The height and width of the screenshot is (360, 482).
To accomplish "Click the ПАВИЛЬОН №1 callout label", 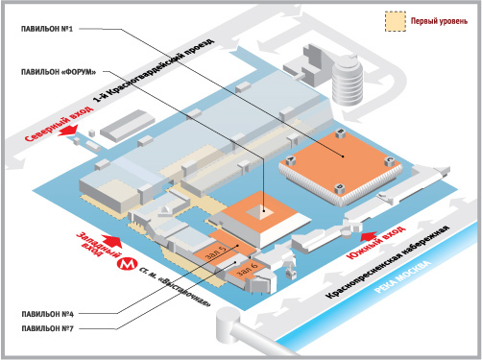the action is coord(47,29).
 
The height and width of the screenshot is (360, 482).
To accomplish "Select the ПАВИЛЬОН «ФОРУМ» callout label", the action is coord(59,72).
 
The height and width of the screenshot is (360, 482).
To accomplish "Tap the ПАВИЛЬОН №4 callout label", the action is coord(47,314).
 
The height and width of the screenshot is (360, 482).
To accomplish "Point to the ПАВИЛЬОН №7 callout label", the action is coord(47,328).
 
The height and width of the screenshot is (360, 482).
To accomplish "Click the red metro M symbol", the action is coord(127,264).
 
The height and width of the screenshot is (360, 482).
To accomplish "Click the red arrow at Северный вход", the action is coord(68,131).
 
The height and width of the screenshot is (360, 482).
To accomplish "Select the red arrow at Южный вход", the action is coord(369,236).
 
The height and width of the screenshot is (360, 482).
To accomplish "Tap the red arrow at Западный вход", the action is coord(111,241).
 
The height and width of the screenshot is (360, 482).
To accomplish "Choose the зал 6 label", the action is coord(247,269).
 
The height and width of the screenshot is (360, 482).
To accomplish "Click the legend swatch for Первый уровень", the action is coord(396,21).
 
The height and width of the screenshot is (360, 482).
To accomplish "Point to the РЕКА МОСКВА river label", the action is coord(402,277).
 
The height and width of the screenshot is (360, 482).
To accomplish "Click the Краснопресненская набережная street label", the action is coord(388,262).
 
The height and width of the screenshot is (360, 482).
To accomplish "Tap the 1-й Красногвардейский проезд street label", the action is coord(154,70).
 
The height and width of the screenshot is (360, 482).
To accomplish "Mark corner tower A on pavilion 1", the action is coord(291,160).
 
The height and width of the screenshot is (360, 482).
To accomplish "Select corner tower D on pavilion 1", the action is coord(340,188).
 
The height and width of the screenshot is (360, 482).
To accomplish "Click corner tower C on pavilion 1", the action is coord(389,160).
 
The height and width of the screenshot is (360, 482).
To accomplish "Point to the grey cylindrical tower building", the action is coord(348,81).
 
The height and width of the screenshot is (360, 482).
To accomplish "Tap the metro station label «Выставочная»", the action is coord(176,287).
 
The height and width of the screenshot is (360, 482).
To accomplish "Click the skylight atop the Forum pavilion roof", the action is coord(259,212).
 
